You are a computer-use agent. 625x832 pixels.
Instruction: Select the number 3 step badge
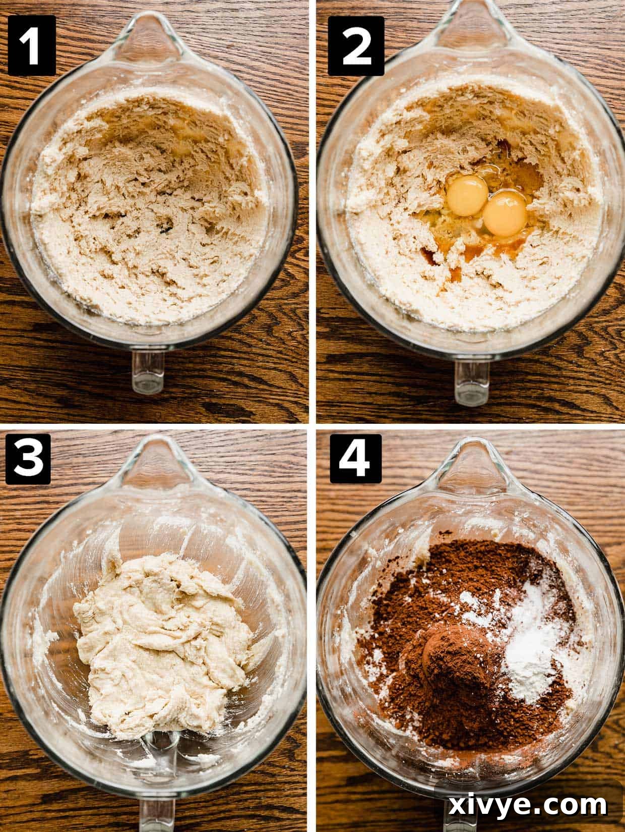coord(28,461)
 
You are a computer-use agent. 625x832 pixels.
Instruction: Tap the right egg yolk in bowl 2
coord(505,214)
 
